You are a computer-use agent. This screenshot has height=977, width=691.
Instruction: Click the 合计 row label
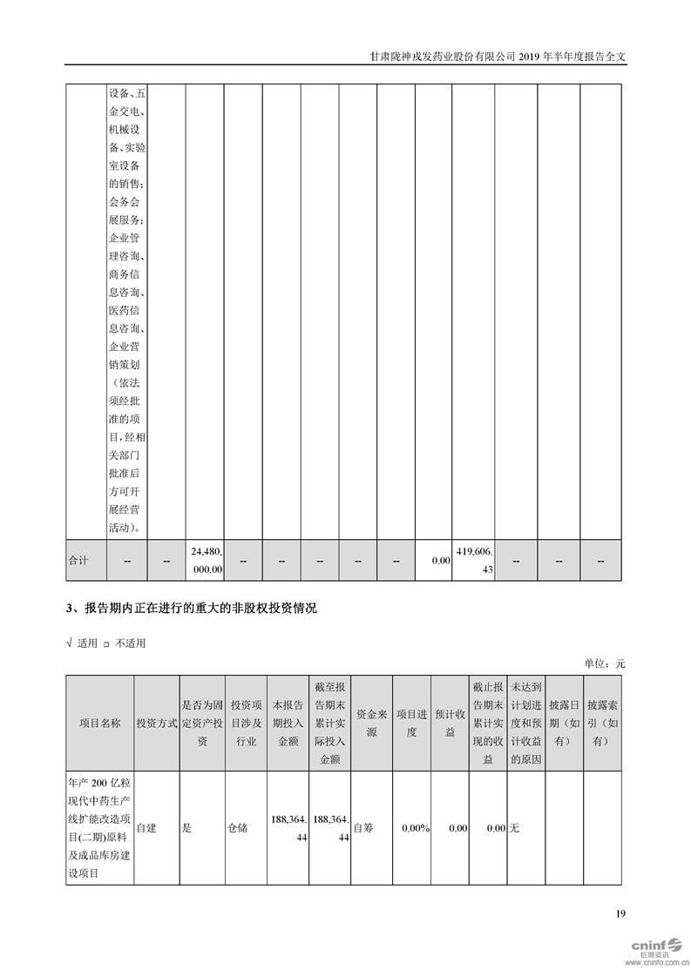pyautogui.click(x=78, y=560)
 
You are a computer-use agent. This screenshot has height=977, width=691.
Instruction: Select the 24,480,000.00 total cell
pyautogui.click(x=207, y=560)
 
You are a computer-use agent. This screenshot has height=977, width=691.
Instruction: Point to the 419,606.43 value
pyautogui.click(x=473, y=560)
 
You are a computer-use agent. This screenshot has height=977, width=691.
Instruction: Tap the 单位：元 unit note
pyautogui.click(x=605, y=664)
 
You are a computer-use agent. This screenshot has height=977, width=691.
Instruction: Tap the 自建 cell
pyautogui.click(x=146, y=828)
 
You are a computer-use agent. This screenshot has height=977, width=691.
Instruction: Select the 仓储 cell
pyautogui.click(x=237, y=828)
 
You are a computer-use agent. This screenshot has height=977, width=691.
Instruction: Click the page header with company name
pyautogui.click(x=498, y=56)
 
